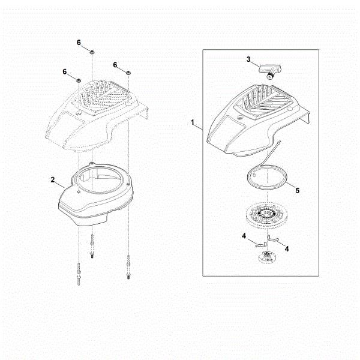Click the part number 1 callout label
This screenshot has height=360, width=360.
(x=193, y=122)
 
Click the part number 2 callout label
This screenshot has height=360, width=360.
(x=53, y=179)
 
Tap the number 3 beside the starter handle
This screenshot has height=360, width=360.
(x=248, y=59)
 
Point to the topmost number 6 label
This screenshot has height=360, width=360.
(x=79, y=42)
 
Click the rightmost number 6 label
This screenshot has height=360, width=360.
(x=115, y=64)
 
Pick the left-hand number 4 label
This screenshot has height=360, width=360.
(x=244, y=237)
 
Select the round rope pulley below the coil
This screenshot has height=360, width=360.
(x=270, y=215)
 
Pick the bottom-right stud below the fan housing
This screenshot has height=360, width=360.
(x=128, y=264)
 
